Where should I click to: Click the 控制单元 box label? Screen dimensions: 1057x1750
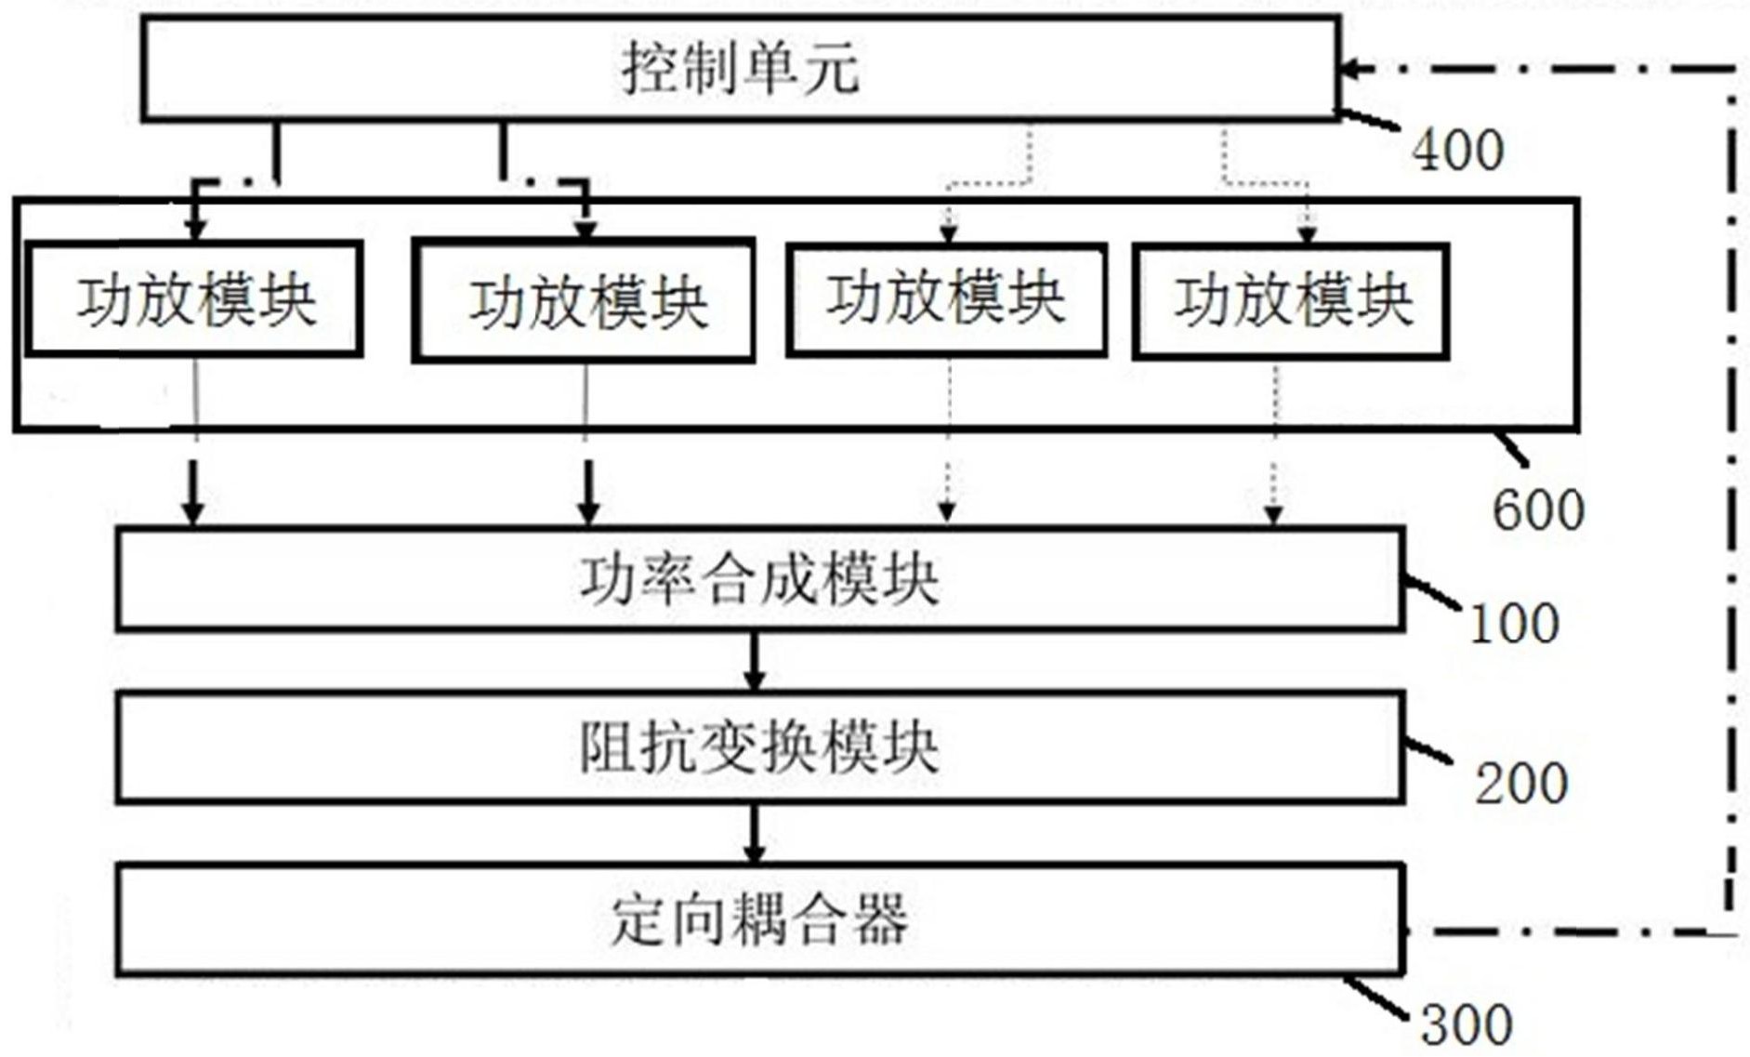pos(740,69)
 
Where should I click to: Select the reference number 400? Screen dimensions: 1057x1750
pos(1457,151)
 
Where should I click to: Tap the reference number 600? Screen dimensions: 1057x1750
pos(1537,510)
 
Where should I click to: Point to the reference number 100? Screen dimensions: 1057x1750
pos(1513,624)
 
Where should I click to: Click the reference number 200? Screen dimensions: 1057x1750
pos(1521,784)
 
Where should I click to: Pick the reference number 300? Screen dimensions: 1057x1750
pos(1467,1025)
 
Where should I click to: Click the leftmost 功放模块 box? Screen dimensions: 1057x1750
pos(194,299)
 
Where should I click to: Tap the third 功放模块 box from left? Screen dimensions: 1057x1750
pos(946,299)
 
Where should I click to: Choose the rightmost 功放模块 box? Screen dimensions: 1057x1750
pos(1291,301)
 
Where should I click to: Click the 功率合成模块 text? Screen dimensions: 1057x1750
pos(758,580)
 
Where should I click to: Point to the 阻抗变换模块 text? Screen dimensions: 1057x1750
pos(758,747)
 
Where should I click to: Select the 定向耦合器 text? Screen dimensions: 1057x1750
pos(758,920)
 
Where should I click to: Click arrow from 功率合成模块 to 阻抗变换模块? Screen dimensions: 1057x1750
pos(755,662)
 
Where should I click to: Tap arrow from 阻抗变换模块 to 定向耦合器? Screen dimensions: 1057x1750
pos(755,834)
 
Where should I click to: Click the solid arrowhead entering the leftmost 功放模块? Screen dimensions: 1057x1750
pos(195,227)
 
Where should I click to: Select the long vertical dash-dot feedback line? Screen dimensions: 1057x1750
pos(1732,502)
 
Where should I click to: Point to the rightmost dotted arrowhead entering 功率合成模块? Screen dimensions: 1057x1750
pos(1274,513)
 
